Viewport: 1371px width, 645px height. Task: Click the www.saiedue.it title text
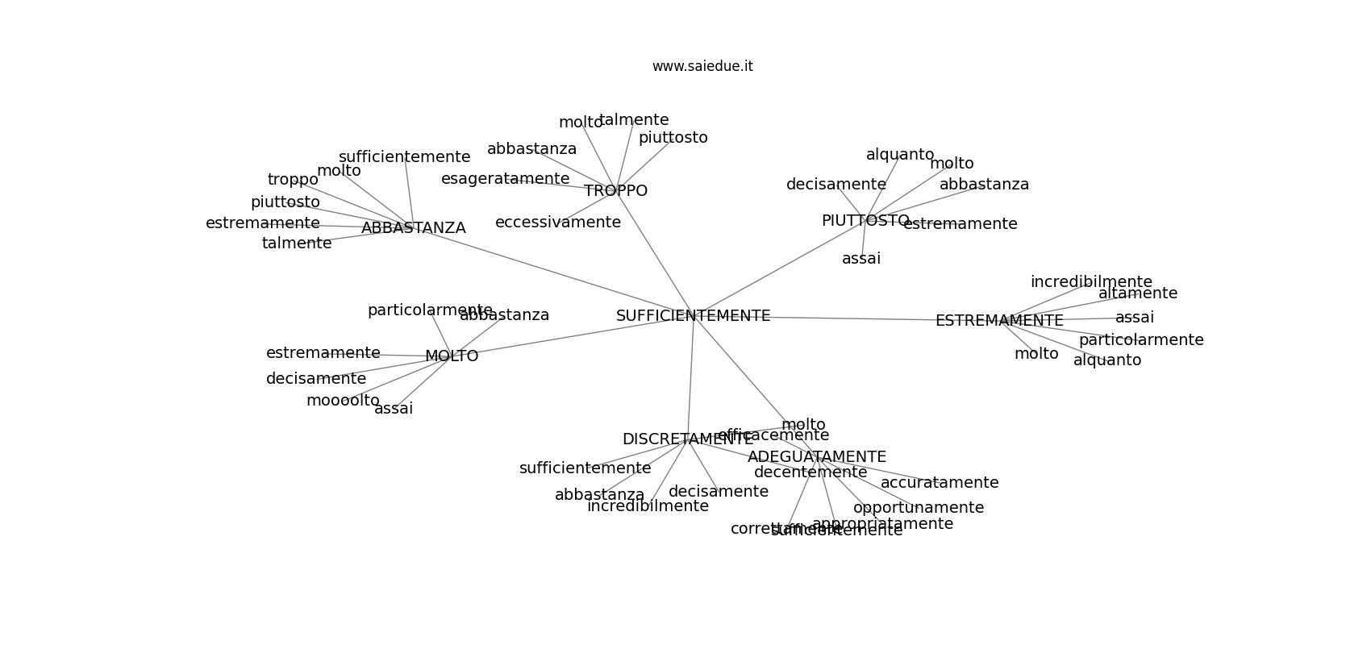[702, 66]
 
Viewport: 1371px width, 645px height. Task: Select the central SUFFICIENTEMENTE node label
[693, 316]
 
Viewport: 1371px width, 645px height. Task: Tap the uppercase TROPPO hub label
[615, 191]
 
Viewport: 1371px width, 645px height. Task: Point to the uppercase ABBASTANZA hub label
[413, 228]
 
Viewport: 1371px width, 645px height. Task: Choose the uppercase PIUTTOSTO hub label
[865, 221]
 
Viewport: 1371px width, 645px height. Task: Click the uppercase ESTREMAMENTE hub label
[999, 321]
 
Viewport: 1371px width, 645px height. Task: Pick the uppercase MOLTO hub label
[452, 356]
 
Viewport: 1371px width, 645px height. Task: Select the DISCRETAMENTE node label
[687, 439]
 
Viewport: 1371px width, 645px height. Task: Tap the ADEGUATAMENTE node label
[817, 457]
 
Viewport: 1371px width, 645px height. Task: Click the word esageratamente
[505, 179]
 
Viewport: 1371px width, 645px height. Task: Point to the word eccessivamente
[558, 223]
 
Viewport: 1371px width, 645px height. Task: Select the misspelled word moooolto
[343, 401]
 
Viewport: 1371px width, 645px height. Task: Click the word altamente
[1137, 293]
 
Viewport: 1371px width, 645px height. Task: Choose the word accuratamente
[939, 483]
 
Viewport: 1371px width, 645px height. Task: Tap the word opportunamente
[919, 508]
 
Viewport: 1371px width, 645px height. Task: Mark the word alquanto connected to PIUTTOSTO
[900, 155]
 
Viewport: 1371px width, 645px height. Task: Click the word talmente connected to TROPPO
[634, 120]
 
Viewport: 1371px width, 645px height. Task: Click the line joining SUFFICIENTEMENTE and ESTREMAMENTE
[855, 318]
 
